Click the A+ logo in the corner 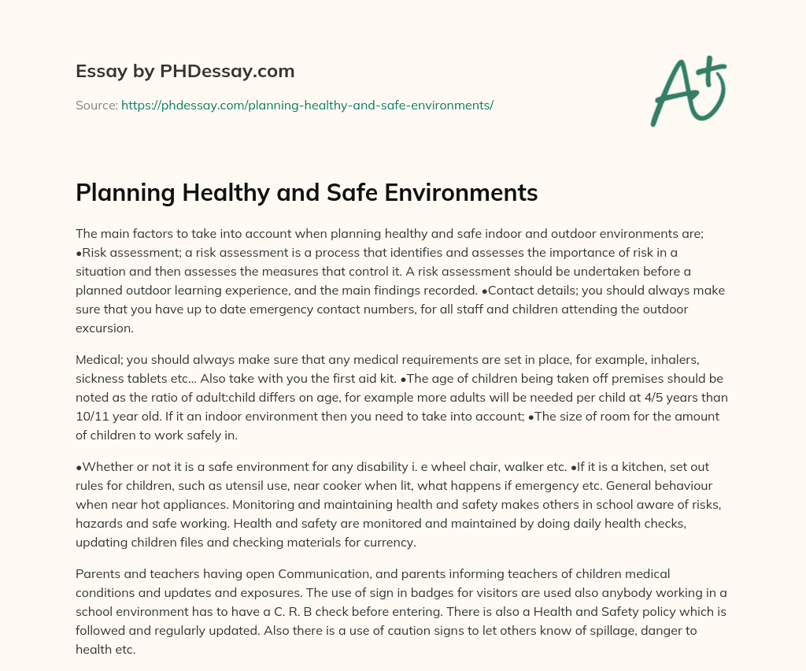[688, 91]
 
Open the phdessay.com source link [307, 105]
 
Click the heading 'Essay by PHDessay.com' [185, 72]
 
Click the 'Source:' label [96, 105]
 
